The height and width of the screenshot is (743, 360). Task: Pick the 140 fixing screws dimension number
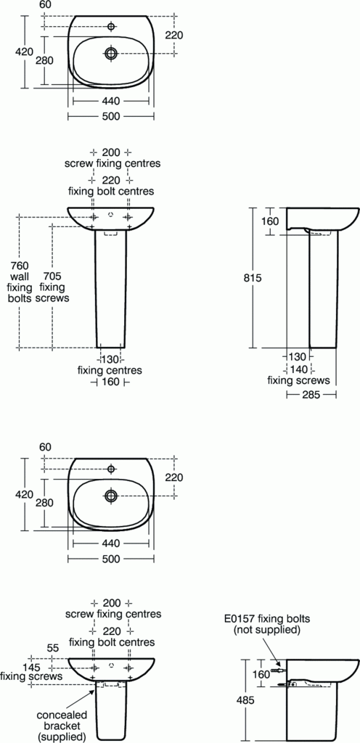(299, 369)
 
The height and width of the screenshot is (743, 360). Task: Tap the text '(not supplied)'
(266, 631)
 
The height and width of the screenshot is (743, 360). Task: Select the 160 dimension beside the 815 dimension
(270, 221)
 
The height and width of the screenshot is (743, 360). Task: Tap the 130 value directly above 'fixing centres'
(110, 358)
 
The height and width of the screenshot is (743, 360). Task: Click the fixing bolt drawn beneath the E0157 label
(275, 673)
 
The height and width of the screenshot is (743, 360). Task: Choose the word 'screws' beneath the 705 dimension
(52, 297)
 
